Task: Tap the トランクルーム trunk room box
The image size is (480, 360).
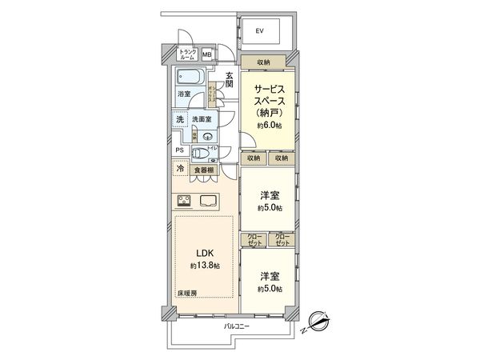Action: tap(188, 54)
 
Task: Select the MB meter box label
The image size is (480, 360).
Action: tap(206, 55)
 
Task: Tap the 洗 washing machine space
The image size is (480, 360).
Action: tap(181, 119)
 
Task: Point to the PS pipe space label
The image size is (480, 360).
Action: tap(179, 150)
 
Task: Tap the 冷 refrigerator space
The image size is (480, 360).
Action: tap(181, 170)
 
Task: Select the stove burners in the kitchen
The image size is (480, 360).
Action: tap(182, 202)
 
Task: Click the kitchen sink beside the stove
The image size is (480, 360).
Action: tap(210, 202)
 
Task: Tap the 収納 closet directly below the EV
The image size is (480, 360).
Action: tap(263, 62)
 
